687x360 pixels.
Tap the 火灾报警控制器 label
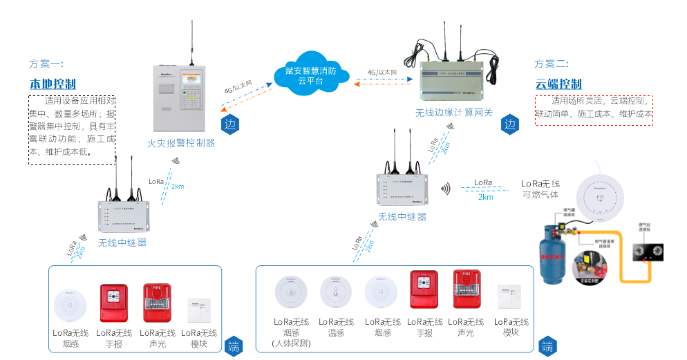coord(181,144)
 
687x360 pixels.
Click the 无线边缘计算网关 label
coord(453,112)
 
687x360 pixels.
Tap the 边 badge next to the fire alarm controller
coord(229,125)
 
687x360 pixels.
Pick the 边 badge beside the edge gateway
coord(509,125)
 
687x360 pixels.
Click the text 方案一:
coord(46,64)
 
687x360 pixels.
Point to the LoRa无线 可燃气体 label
coord(540,189)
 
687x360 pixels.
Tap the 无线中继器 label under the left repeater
coord(122,243)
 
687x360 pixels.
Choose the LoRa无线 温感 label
coord(336,327)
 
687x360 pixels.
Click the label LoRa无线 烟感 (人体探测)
coord(292,332)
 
